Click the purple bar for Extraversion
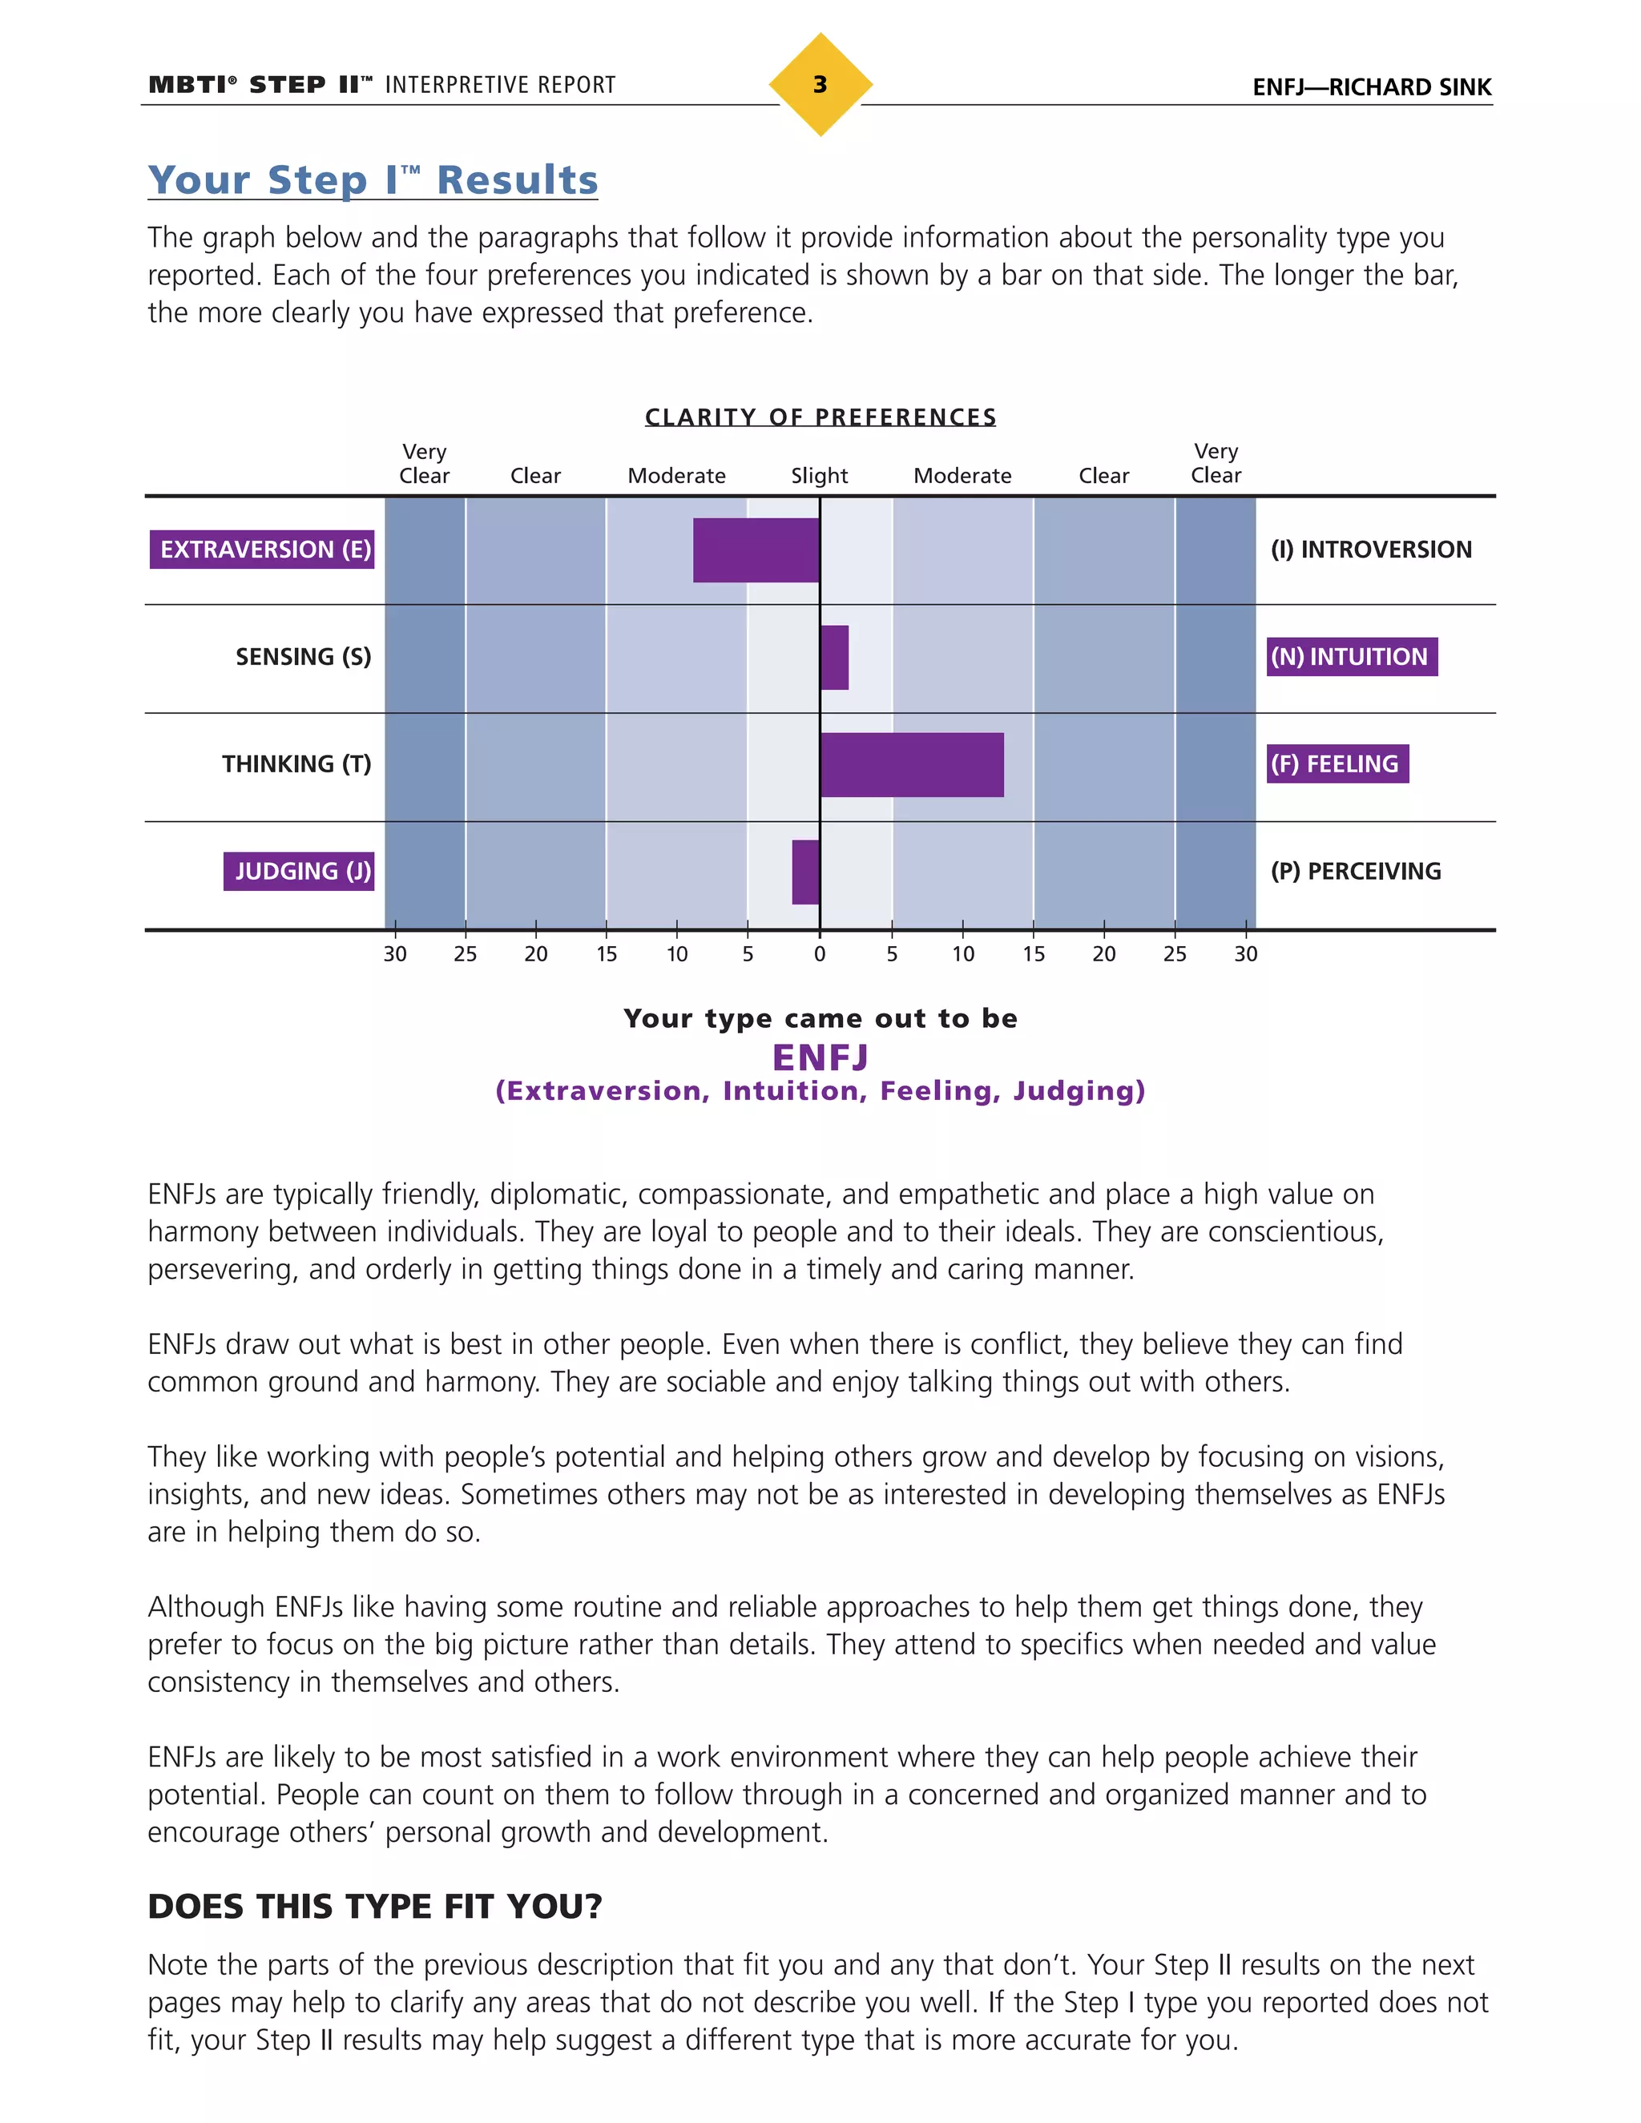(x=756, y=550)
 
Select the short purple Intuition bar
(x=834, y=657)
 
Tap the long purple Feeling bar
(x=911, y=765)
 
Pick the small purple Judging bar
(x=805, y=872)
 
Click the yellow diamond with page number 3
(x=820, y=85)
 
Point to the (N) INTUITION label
(x=1351, y=657)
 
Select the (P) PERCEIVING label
(x=1355, y=872)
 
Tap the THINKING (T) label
(x=296, y=765)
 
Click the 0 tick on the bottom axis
(x=820, y=953)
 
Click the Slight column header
(x=819, y=475)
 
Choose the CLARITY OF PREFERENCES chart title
(x=820, y=417)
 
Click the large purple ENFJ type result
(x=820, y=1057)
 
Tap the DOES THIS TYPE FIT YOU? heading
(x=374, y=1906)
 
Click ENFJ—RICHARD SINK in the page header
(x=1371, y=87)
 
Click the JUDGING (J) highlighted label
(x=300, y=872)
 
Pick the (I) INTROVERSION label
(x=1371, y=550)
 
